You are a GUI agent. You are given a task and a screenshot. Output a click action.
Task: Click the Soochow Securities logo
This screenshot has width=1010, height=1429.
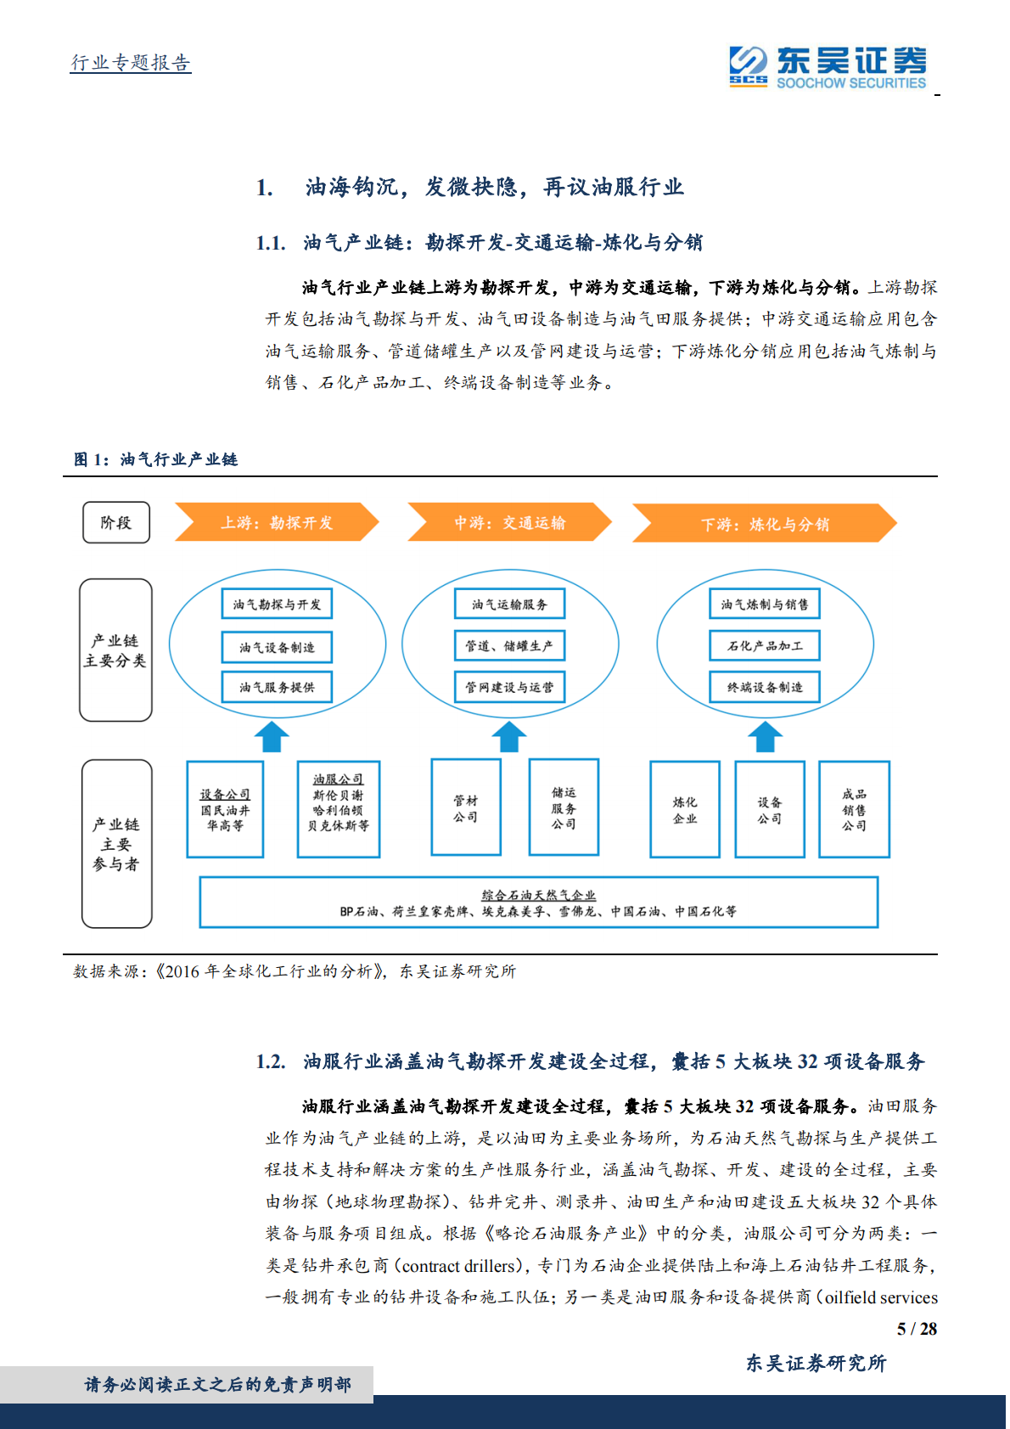click(828, 67)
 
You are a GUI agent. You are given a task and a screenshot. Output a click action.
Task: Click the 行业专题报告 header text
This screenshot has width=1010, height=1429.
click(131, 63)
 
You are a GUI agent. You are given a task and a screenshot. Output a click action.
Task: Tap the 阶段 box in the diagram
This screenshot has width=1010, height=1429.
click(116, 522)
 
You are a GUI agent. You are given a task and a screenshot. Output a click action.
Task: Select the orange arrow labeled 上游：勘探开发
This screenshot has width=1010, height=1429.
click(277, 522)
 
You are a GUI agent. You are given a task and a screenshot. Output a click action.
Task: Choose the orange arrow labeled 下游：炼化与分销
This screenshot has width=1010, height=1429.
click(764, 524)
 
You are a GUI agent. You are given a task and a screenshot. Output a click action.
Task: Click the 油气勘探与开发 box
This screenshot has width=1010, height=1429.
click(277, 605)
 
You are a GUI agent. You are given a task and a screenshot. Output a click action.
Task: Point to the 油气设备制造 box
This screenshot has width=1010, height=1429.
click(277, 647)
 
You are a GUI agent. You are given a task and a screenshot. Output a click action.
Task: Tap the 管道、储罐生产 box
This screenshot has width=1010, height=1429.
click(509, 646)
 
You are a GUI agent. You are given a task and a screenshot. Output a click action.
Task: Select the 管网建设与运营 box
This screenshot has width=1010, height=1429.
click(509, 687)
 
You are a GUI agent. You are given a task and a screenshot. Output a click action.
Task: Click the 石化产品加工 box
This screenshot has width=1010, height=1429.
click(765, 646)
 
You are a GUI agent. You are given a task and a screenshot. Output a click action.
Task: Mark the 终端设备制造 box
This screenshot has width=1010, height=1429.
click(765, 687)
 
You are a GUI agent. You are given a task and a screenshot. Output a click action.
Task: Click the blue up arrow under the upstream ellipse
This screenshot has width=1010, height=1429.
click(272, 737)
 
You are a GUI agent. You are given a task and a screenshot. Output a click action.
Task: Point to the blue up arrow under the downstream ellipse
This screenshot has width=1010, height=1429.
click(765, 737)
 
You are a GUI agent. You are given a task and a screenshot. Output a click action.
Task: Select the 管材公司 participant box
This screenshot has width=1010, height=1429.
click(466, 808)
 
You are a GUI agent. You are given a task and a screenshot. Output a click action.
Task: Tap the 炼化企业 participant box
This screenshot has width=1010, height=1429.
click(685, 810)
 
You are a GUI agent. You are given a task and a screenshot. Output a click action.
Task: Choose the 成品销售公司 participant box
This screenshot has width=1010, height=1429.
click(854, 810)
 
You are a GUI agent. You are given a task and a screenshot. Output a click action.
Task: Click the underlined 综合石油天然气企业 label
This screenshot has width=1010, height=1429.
click(539, 895)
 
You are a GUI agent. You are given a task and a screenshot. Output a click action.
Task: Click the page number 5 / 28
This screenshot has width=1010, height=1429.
click(917, 1329)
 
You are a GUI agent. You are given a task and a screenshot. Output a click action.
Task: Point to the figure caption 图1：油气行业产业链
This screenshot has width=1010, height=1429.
click(155, 459)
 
